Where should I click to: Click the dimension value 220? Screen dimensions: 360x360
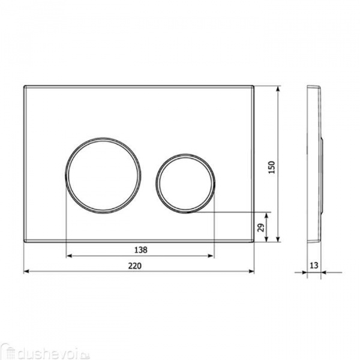[x=135, y=266]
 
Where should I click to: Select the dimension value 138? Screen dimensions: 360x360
[x=141, y=250]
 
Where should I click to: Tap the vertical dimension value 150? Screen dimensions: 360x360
[x=272, y=167]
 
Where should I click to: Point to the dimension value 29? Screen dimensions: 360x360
[x=261, y=227]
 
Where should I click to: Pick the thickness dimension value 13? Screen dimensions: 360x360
[x=314, y=265]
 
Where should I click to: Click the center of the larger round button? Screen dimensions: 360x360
[x=103, y=175]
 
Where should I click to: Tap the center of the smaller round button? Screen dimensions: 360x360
[x=185, y=184]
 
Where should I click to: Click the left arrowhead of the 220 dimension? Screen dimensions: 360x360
[x=26, y=271]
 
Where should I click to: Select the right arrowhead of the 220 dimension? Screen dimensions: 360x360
[x=252, y=271]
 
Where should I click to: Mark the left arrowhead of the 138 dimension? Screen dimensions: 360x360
[x=68, y=256]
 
